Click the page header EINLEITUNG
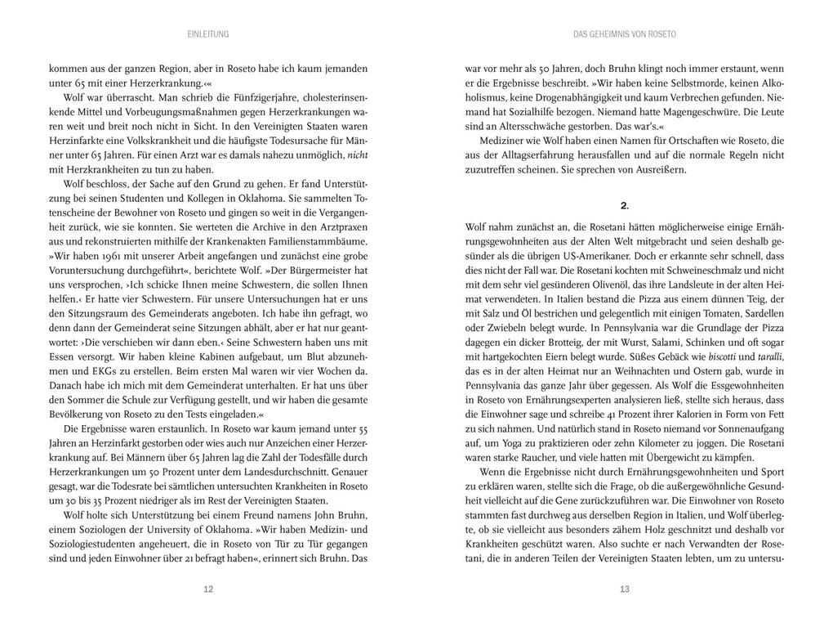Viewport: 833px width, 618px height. tap(207, 34)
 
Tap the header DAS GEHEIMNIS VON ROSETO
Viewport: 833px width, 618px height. tap(625, 34)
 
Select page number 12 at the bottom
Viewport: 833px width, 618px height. tap(207, 589)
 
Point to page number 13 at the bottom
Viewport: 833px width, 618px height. tap(625, 589)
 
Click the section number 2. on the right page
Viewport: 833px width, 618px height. tap(624, 205)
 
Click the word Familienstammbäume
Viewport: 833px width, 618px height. tap(320, 241)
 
